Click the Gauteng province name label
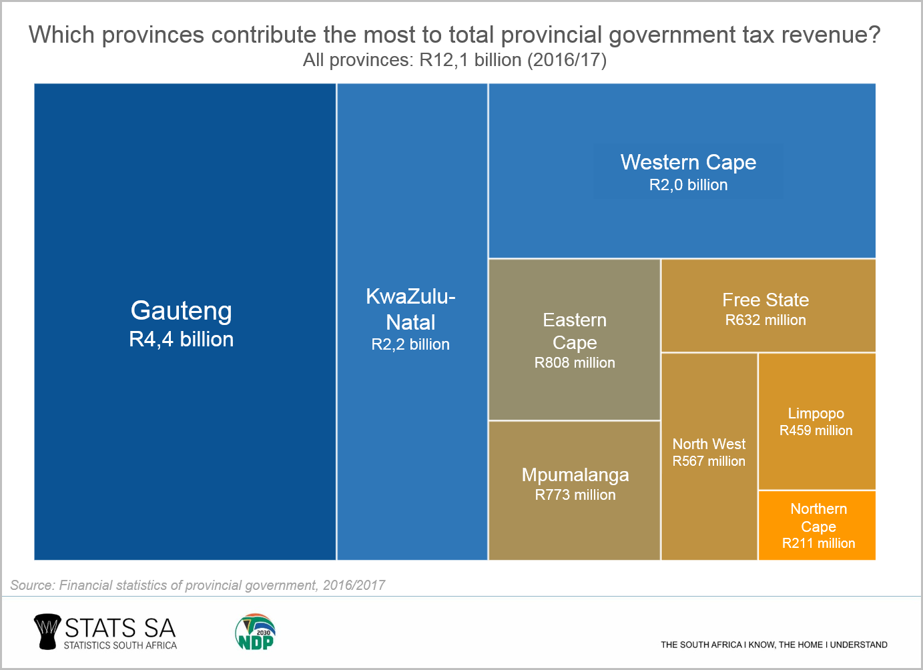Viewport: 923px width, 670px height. point(182,311)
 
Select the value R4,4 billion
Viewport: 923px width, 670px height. point(182,339)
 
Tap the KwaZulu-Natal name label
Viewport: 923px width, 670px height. point(410,309)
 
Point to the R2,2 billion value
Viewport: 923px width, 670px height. point(410,344)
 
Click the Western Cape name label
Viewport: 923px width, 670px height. point(688,162)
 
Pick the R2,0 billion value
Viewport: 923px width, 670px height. point(688,185)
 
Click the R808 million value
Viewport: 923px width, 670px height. point(575,363)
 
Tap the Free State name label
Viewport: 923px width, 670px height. point(765,300)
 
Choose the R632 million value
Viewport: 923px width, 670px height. point(765,320)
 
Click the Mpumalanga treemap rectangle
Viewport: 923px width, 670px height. point(574,527)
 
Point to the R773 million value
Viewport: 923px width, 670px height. point(575,495)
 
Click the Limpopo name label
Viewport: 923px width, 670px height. point(816,414)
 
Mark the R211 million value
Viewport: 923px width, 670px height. point(818,543)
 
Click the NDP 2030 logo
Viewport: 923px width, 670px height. point(255,632)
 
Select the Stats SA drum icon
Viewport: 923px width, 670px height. point(47,632)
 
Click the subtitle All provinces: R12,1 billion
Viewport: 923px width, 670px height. point(454,60)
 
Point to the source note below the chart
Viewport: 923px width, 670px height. point(198,585)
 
